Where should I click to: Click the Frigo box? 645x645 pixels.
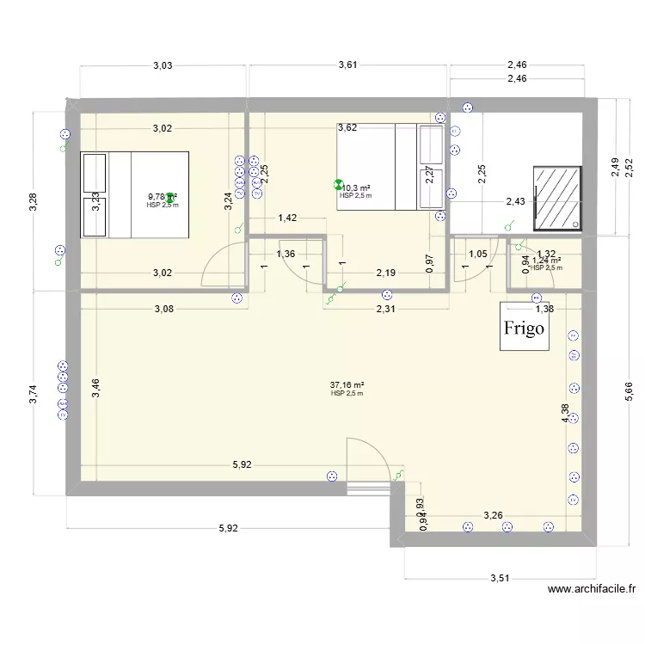tap(525, 327)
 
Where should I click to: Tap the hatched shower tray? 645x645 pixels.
tap(557, 198)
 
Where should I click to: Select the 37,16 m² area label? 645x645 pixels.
tap(347, 385)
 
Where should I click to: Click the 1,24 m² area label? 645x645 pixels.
tap(546, 260)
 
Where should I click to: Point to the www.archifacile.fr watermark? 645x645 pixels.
tap(592, 590)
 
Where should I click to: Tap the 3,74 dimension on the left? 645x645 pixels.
tap(34, 394)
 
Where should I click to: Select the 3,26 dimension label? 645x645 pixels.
tap(493, 515)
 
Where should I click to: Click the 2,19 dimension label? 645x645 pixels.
tap(385, 273)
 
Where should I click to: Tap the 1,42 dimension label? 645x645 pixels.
tap(287, 218)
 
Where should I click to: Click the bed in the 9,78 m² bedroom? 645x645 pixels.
tap(134, 194)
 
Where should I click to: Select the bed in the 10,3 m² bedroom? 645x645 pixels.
tap(390, 166)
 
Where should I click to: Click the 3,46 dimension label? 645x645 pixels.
tap(97, 389)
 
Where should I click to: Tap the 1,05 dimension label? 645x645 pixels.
tap(477, 254)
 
